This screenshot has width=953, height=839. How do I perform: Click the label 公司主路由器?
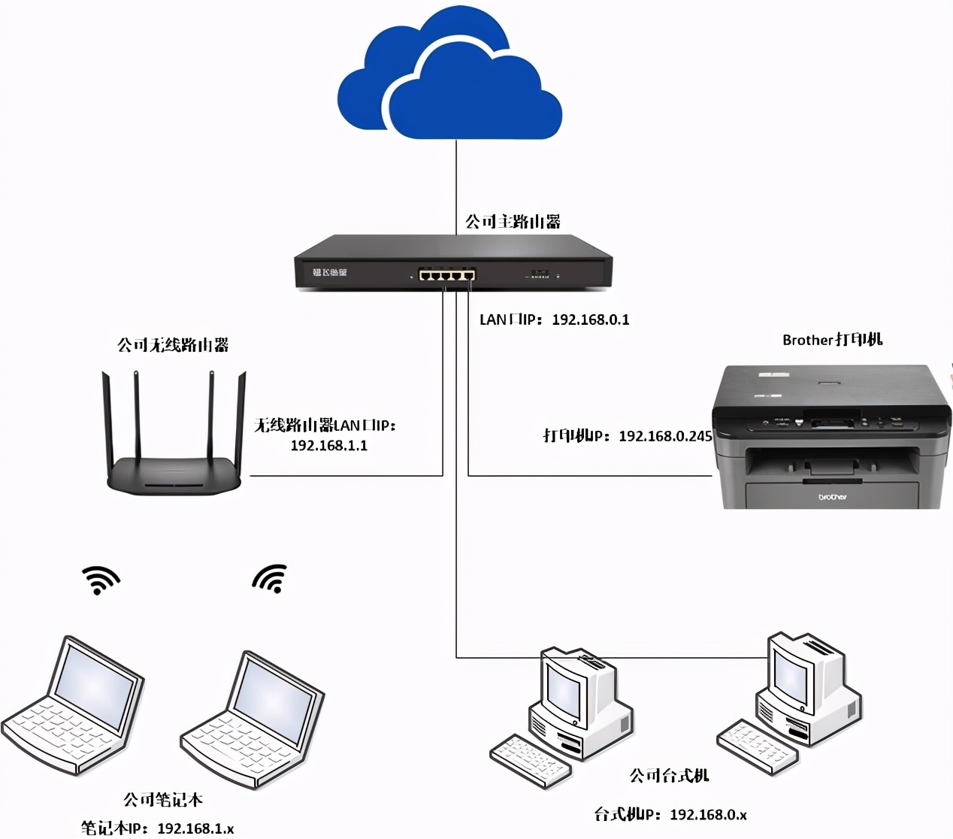513,222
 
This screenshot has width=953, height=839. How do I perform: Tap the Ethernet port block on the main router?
447,274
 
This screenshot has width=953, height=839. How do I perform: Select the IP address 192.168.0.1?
591,320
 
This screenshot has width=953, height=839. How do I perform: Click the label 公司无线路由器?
173,345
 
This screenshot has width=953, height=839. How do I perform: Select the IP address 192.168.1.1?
328,445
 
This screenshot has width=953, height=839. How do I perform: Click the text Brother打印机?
832,340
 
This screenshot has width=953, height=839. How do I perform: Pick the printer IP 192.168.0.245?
665,436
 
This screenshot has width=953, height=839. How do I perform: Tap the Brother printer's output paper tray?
832,466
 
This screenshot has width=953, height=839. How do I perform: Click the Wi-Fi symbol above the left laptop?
100,580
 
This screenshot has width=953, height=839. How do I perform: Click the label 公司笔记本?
163,799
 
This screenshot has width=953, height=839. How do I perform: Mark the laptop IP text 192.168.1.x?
195,828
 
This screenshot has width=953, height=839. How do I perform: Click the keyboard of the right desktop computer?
755,745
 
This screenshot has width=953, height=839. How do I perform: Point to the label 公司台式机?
669,775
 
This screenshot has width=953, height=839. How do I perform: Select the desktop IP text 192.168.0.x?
708,814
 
